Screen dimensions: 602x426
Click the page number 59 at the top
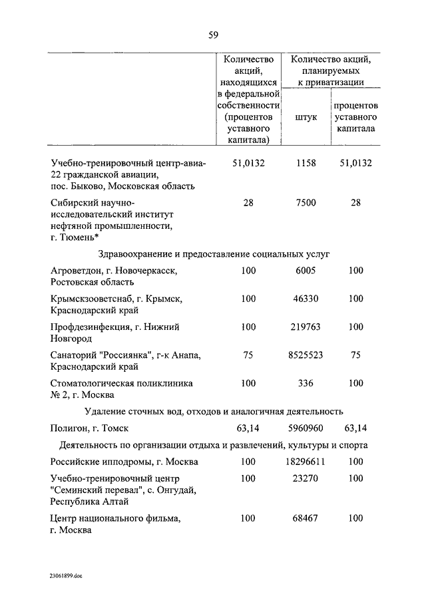pos(213,35)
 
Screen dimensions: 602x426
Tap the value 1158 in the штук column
pos(306,162)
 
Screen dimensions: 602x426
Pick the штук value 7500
pos(306,203)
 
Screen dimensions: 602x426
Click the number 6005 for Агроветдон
pos(306,271)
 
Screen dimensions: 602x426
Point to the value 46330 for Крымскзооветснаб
pos(306,299)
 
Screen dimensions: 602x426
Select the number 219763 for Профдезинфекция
pos(306,327)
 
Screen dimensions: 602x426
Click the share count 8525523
pos(306,355)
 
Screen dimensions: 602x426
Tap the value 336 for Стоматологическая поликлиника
pos(306,383)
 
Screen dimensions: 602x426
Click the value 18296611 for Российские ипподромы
pos(306,461)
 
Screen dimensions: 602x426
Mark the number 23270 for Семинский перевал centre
pos(306,478)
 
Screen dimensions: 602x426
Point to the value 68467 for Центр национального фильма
pos(306,518)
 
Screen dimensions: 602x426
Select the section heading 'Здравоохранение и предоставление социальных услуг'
pos(214,254)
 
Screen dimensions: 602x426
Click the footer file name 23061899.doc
pos(65,576)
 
